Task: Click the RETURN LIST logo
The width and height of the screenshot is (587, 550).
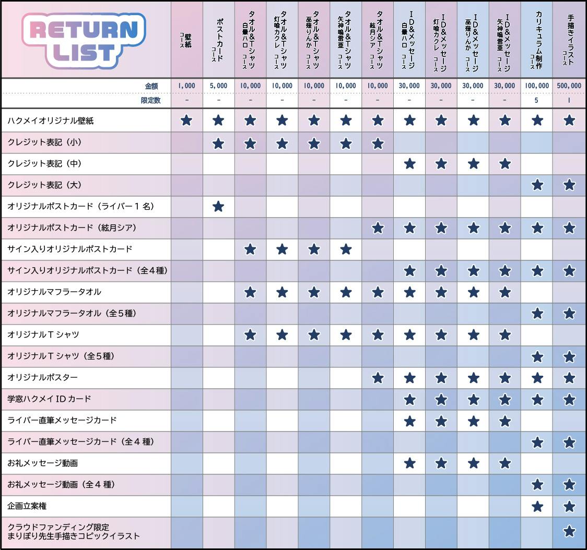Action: tap(84, 41)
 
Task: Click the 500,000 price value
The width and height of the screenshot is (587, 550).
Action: tap(569, 86)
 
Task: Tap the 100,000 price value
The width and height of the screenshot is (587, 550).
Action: tap(537, 86)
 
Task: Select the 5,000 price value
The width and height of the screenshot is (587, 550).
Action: tap(218, 86)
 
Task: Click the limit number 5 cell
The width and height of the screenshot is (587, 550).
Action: tap(537, 100)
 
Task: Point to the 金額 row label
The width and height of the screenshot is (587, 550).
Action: tap(151, 86)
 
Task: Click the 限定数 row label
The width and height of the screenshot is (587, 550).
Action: tap(150, 100)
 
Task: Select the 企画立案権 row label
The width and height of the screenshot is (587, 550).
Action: tap(28, 506)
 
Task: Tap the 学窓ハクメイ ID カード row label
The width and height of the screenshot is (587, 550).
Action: tap(50, 399)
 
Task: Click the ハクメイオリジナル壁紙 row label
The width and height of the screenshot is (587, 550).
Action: tap(51, 121)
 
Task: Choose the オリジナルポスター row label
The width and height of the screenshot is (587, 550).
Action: tap(43, 377)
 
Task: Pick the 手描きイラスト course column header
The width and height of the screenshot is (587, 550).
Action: tap(569, 39)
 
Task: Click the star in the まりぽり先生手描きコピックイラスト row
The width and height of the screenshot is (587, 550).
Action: tap(569, 532)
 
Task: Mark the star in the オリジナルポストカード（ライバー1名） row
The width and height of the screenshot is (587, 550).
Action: tap(218, 207)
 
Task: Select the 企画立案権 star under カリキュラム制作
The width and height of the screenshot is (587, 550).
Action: tap(537, 506)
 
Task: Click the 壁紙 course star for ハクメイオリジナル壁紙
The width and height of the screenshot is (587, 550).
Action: tap(186, 121)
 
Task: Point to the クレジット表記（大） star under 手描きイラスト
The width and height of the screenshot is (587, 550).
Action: tap(569, 185)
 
